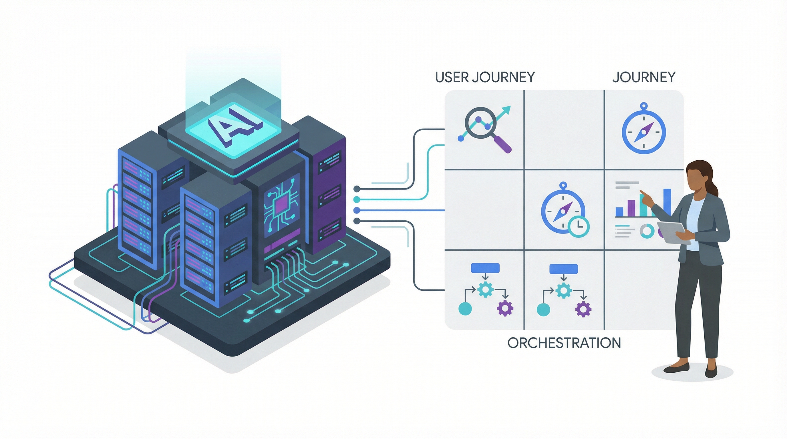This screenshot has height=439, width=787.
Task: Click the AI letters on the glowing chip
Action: click(235, 125)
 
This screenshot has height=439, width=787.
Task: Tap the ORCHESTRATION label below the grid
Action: click(564, 343)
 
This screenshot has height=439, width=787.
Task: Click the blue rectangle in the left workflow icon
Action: click(485, 268)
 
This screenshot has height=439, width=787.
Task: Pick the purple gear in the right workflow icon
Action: click(583, 309)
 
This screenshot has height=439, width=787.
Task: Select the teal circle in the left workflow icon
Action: click(465, 309)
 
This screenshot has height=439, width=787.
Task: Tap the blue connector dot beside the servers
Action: click(356, 210)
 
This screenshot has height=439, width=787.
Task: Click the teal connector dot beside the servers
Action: click(356, 200)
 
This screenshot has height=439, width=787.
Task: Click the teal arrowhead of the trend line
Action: click(507, 109)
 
